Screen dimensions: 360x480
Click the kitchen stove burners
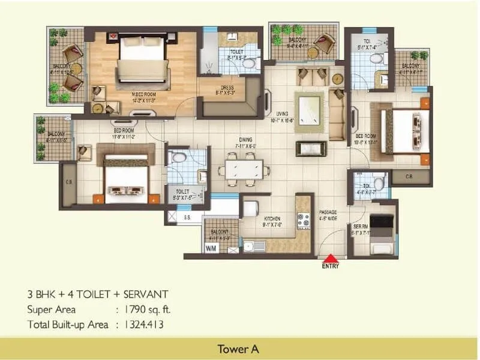click(304, 221)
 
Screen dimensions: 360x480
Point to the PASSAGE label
click(328, 212)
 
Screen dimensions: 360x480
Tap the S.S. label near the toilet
click(187, 217)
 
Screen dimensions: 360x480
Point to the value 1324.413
click(147, 325)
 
